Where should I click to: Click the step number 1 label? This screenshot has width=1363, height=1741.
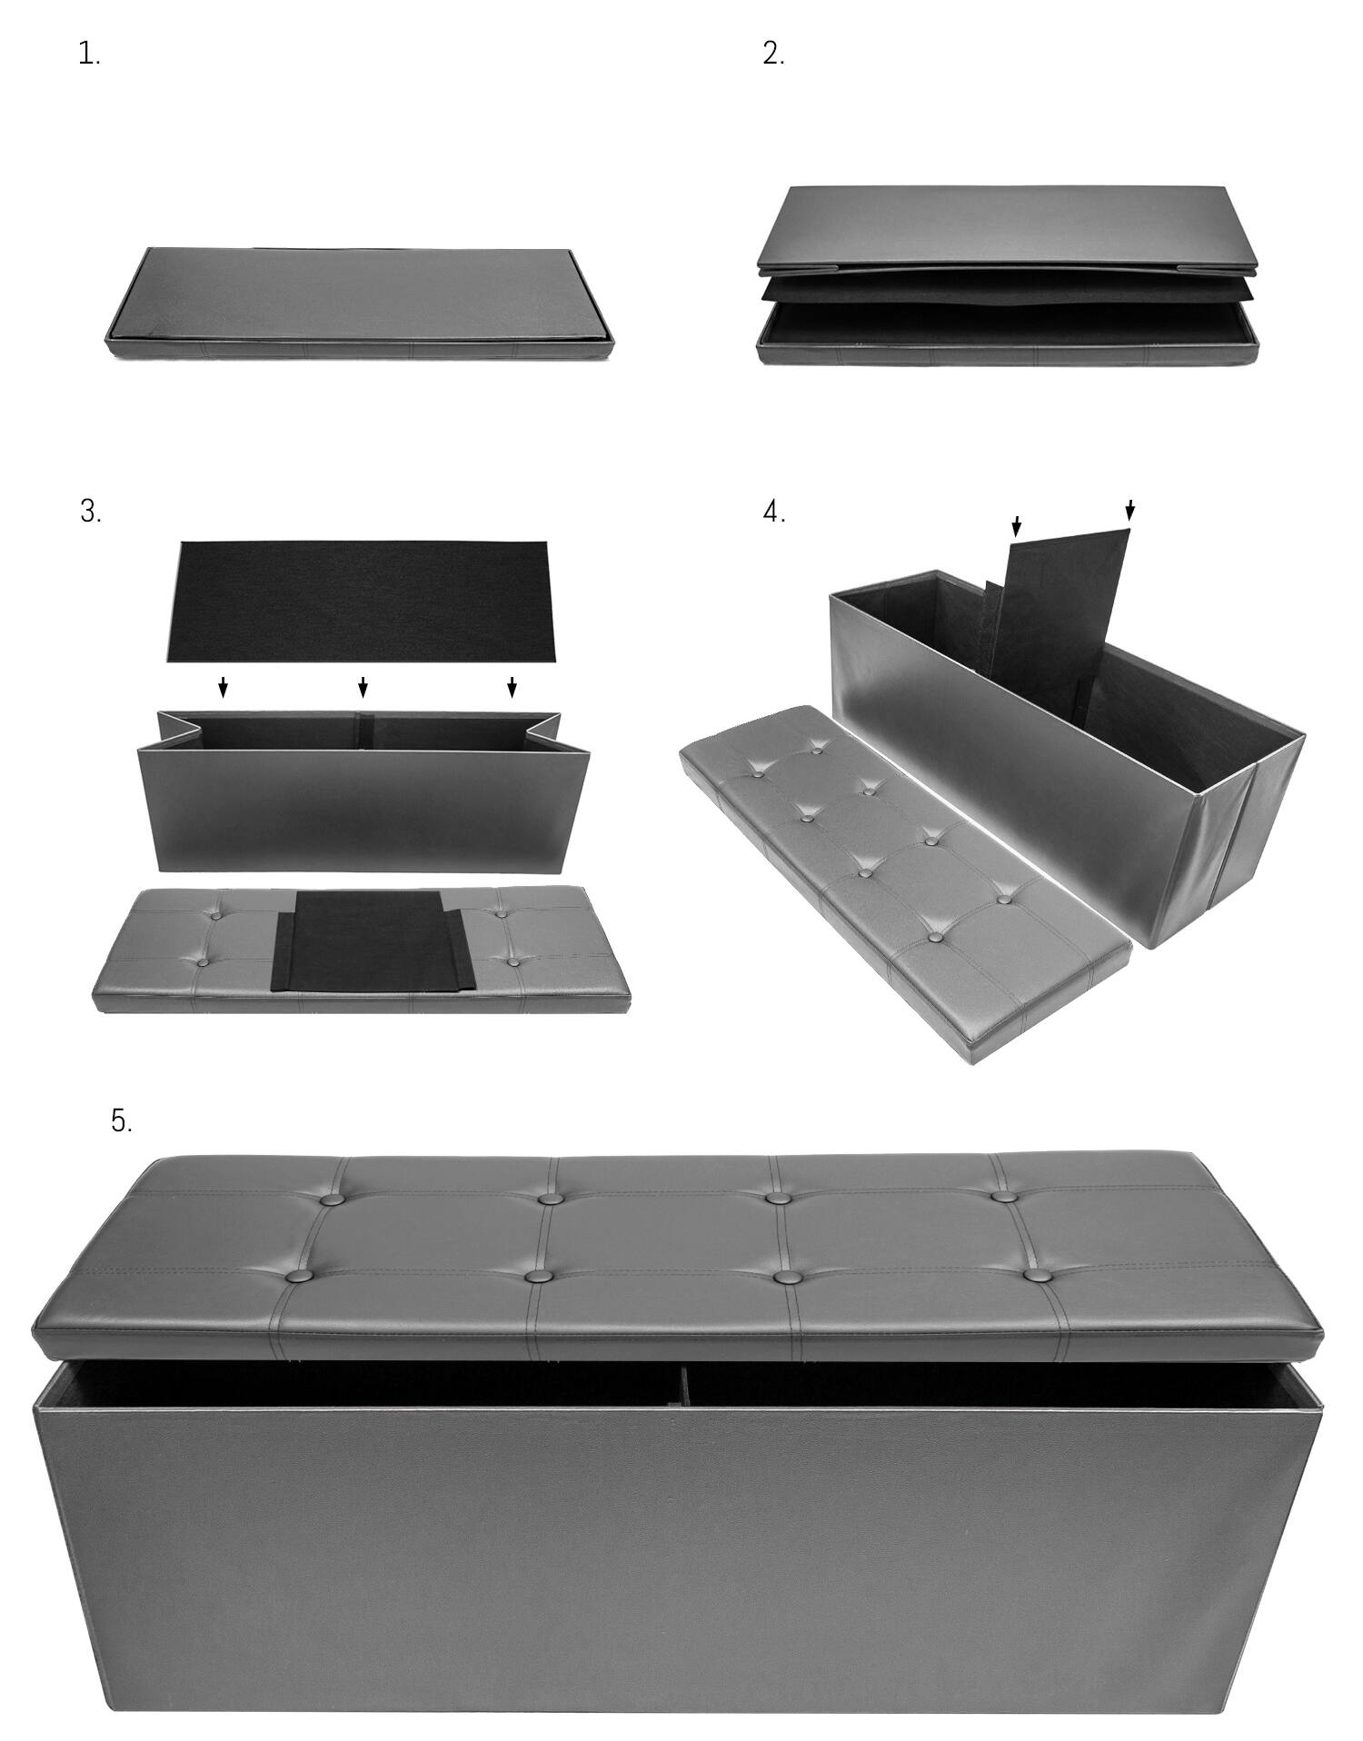click(88, 55)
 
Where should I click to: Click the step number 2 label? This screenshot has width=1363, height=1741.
click(772, 55)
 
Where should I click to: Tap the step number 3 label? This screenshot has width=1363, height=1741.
click(90, 512)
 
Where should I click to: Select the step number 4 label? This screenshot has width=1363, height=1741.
click(773, 512)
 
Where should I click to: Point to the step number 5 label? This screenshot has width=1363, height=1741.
click(121, 1120)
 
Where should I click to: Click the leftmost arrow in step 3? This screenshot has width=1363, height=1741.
click(224, 688)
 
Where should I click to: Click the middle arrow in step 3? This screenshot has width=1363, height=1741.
click(363, 688)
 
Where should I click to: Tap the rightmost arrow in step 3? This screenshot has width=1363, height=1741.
click(512, 688)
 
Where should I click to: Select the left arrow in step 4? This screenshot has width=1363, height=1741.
click(1017, 526)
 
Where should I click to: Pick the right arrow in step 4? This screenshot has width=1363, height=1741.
click(1129, 511)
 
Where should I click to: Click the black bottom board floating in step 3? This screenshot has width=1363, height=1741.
click(359, 602)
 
